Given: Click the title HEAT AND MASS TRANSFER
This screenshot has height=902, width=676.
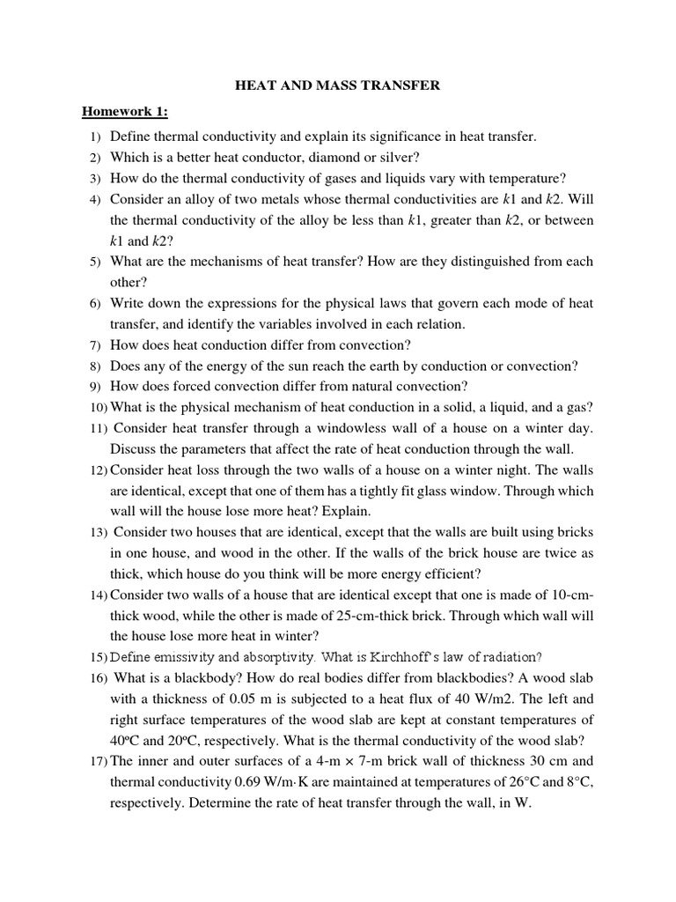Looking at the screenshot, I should [x=338, y=85].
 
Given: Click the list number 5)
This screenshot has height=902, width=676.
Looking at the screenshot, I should [x=95, y=262].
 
